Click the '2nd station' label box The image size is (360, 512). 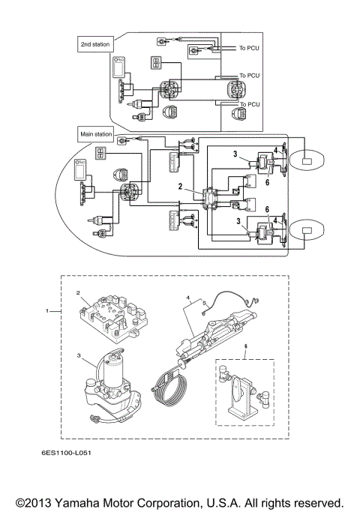pos(95,44)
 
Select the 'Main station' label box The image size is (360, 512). pos(96,134)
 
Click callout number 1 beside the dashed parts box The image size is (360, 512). pos(49,310)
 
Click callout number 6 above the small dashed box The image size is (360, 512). pos(244,347)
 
